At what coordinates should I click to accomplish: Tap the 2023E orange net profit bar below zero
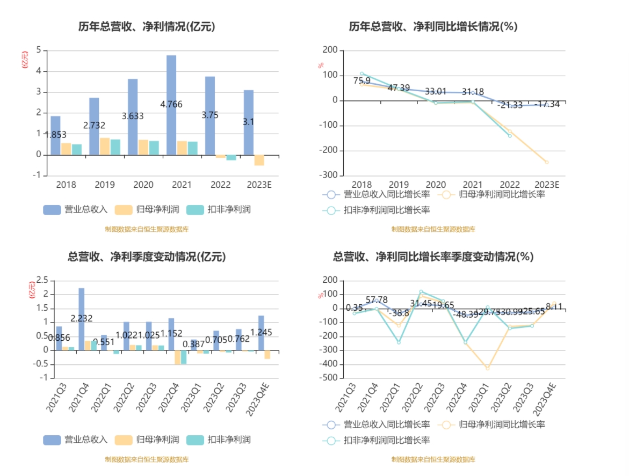click(x=259, y=160)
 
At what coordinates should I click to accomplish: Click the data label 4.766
click(x=171, y=104)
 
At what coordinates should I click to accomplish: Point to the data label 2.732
click(x=94, y=126)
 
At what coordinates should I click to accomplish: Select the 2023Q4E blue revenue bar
click(x=261, y=333)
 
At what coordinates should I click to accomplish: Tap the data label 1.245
click(x=261, y=333)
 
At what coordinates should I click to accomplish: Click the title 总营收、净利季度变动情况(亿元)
click(x=147, y=257)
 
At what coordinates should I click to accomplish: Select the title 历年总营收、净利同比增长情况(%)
click(x=433, y=26)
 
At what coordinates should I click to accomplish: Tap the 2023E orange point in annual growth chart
click(x=547, y=162)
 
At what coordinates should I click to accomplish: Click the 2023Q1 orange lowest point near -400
click(x=488, y=368)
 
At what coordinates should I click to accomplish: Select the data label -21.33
click(x=510, y=105)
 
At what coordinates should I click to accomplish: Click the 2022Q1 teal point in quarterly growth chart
click(x=399, y=342)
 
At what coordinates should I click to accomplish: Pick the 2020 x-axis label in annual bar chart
click(x=143, y=185)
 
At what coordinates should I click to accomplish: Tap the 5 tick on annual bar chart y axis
click(x=39, y=50)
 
